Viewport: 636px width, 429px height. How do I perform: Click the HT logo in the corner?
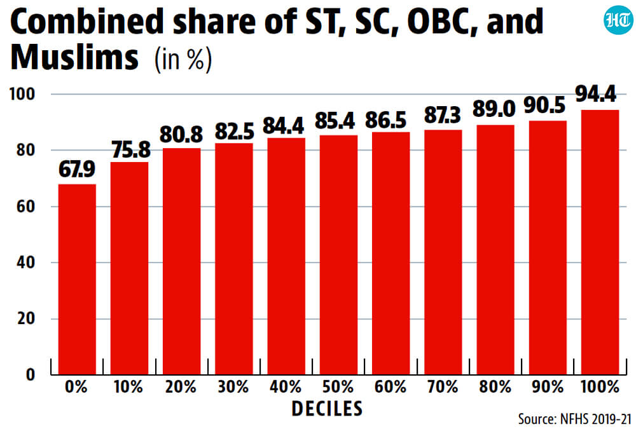(618, 20)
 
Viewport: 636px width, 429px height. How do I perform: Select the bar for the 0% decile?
(77, 279)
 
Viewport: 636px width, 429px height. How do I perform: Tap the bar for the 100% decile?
(600, 242)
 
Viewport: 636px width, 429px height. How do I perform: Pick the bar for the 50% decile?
(339, 255)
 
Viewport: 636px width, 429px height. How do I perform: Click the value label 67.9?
(77, 169)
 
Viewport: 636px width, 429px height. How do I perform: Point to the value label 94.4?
(596, 93)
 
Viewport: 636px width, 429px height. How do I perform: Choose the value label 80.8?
(181, 134)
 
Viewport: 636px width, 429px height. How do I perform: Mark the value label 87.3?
(443, 115)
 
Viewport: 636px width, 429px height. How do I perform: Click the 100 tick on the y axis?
(22, 94)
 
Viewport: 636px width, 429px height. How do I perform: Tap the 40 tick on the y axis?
(26, 262)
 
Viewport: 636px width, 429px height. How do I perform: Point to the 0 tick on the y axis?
(31, 374)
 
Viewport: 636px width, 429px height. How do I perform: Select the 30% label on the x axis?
(233, 387)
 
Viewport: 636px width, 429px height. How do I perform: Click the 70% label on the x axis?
(443, 387)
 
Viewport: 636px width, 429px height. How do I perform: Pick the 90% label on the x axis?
(548, 387)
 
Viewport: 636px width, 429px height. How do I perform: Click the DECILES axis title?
(327, 409)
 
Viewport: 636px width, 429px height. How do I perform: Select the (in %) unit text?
(183, 59)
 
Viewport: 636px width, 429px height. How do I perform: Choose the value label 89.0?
(494, 109)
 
